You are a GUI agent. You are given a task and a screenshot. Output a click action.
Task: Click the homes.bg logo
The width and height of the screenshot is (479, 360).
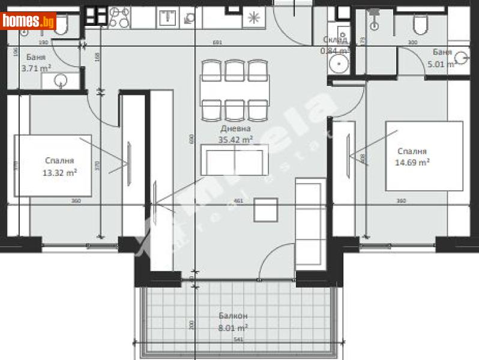(x=29, y=22)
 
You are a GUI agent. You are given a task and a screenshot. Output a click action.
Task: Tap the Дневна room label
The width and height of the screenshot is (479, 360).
(x=235, y=128)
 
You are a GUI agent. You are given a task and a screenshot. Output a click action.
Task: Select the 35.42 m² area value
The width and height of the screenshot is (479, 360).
(x=235, y=139)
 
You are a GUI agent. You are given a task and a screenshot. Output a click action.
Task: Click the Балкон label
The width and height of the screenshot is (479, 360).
(x=233, y=316)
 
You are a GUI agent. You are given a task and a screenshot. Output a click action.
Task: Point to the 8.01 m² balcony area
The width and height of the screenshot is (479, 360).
(x=233, y=328)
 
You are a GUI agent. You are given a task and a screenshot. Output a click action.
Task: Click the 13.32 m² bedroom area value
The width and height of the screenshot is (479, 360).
(x=59, y=172)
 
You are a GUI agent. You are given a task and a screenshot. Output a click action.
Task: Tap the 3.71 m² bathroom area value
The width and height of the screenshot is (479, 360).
(x=36, y=68)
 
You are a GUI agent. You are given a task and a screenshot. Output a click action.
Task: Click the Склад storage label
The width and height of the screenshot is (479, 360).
(x=334, y=40)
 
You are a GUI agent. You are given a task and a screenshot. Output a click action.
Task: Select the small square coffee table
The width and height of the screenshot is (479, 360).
(x=265, y=209)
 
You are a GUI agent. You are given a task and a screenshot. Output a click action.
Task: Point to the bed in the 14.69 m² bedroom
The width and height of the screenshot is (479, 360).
(x=424, y=156)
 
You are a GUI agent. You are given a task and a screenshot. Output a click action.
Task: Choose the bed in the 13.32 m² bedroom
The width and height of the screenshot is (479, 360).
(x=53, y=165)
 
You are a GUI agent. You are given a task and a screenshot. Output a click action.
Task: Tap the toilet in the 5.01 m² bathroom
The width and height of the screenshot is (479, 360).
(x=420, y=23)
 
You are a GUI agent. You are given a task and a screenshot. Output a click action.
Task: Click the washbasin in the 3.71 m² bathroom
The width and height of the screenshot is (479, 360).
(x=61, y=80)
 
